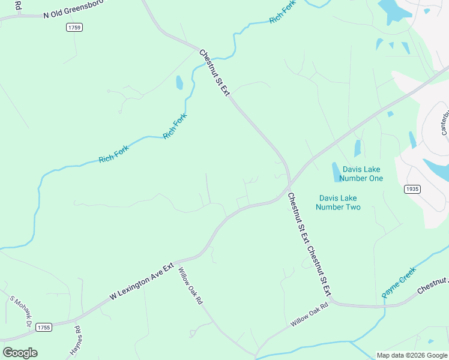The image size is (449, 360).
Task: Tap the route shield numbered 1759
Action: click(75, 28)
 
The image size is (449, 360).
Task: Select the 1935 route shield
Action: click(412, 189)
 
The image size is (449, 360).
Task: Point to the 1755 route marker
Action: click(43, 327)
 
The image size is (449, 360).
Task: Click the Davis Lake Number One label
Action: click(361, 173)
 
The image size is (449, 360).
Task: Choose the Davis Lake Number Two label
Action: click(340, 202)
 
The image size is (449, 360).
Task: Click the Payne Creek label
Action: click(398, 283)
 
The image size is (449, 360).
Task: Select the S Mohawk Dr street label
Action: click(20, 311)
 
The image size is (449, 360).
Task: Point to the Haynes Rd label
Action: click(76, 340)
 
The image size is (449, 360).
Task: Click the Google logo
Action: click(20, 353)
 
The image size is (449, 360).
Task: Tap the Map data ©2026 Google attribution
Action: click(411, 355)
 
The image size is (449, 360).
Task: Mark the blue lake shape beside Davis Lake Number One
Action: click(336, 172)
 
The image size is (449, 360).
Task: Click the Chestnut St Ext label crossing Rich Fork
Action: click(214, 73)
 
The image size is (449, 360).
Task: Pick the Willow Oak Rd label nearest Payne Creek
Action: click(310, 314)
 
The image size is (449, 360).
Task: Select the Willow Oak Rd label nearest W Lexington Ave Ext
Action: click(190, 286)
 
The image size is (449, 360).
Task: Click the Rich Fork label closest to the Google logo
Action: click(113, 155)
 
